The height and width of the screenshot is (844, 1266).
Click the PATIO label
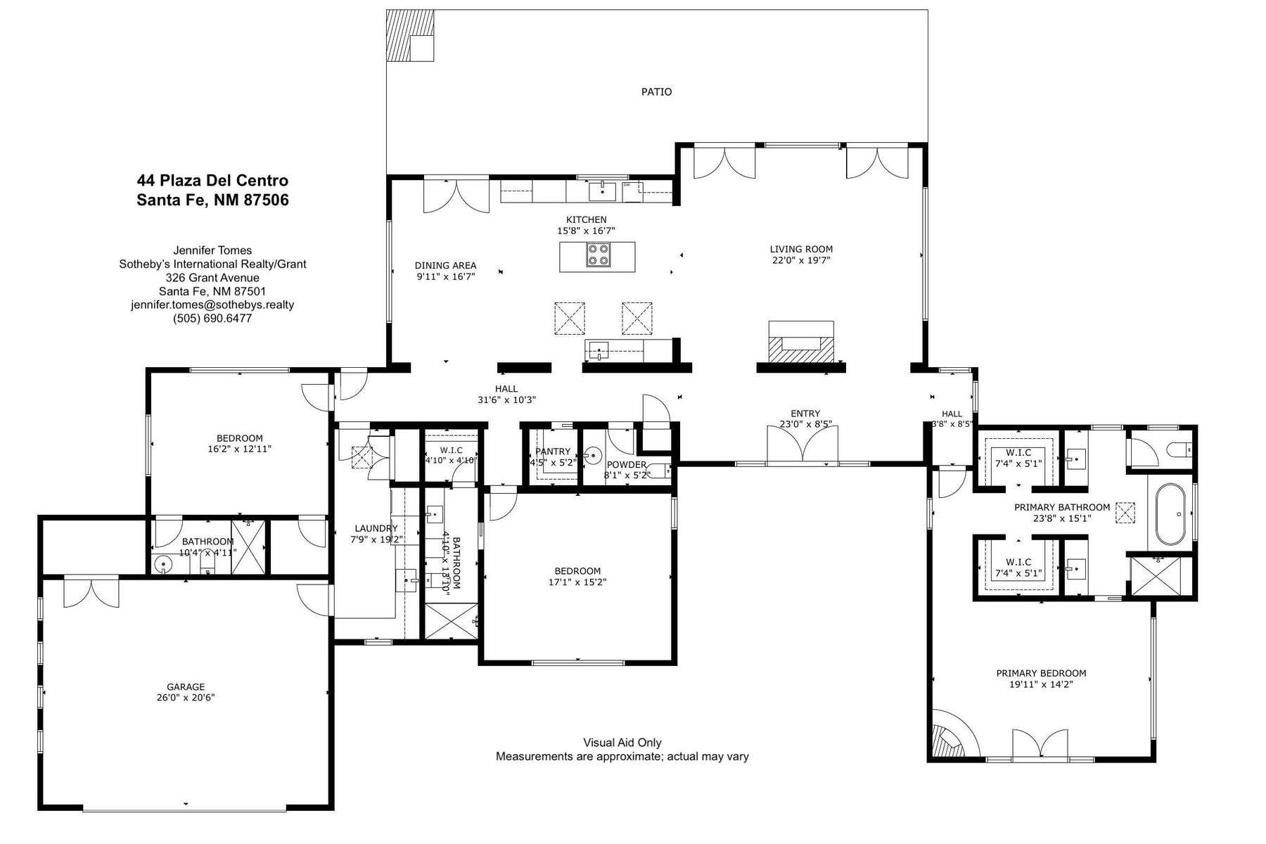(x=656, y=91)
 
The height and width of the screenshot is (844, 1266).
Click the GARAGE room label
(x=186, y=687)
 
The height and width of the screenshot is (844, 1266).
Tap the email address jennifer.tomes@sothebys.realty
(x=212, y=305)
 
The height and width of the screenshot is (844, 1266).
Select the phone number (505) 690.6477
(x=212, y=318)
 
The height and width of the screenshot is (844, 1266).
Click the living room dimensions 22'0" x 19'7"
(x=801, y=260)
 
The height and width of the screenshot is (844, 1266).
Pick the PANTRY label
(x=553, y=452)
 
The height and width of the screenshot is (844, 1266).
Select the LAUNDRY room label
(x=376, y=528)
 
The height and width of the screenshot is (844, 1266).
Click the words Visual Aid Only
(x=622, y=743)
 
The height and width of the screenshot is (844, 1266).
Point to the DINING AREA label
(x=445, y=265)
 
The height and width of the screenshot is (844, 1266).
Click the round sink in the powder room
(x=594, y=456)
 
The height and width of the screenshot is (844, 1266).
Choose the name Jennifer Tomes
(x=212, y=250)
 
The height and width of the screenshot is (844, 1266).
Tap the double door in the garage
(x=91, y=592)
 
